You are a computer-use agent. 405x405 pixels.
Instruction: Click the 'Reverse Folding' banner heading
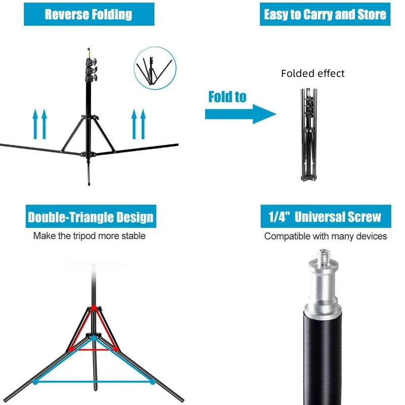89,14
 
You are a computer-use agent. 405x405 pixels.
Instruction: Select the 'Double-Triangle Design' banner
90,217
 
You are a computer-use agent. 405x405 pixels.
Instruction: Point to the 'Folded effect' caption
313,73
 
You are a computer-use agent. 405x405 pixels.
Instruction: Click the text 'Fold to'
227,97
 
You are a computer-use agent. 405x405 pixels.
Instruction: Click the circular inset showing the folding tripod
153,68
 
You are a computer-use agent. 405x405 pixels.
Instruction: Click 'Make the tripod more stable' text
89,236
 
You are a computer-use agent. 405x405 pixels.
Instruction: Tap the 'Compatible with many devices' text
326,236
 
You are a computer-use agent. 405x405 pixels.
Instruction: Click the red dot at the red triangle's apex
93,307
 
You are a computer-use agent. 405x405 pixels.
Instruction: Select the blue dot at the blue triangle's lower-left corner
35,382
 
